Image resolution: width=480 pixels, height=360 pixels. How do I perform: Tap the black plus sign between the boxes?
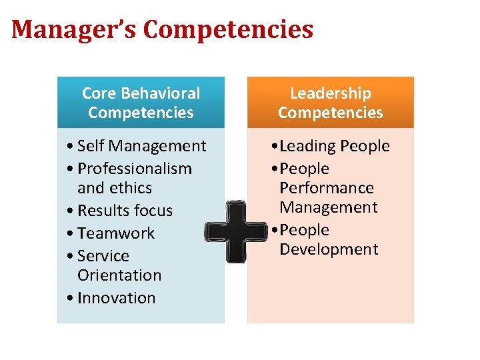click(x=235, y=231)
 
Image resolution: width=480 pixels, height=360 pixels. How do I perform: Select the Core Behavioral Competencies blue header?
click(x=141, y=103)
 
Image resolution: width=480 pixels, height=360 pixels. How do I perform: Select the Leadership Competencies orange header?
click(x=330, y=103)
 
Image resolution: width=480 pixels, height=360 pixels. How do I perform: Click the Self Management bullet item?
click(x=141, y=146)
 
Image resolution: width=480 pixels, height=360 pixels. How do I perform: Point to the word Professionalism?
click(x=134, y=169)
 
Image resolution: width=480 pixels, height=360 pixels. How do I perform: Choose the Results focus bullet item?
click(x=125, y=211)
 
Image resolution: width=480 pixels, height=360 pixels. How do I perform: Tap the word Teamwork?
click(x=116, y=233)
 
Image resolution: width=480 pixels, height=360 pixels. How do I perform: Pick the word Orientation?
click(x=119, y=275)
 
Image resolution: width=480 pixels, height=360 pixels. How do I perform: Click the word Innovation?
click(x=116, y=298)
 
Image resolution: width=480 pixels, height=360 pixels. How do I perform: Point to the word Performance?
click(x=327, y=188)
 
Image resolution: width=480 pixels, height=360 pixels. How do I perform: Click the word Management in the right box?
click(x=329, y=207)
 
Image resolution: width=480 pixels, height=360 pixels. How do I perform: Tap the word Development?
click(x=329, y=249)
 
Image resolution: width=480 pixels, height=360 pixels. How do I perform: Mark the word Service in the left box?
click(x=103, y=256)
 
